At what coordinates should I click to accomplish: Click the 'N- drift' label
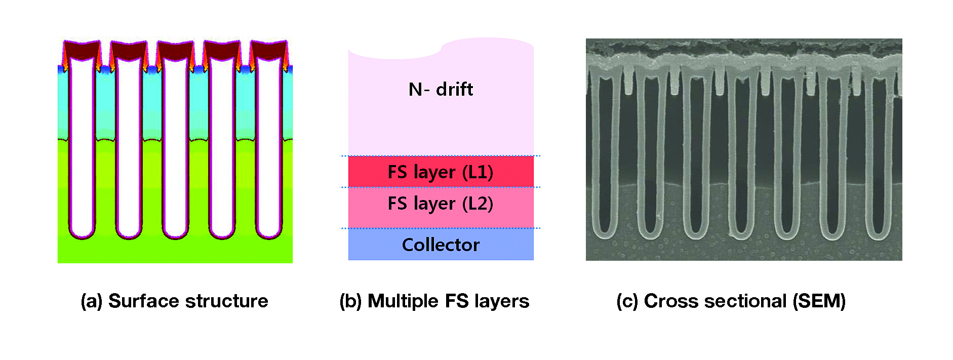[441, 90]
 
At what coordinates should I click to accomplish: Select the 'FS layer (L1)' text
[441, 172]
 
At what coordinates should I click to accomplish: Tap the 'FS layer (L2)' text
[441, 204]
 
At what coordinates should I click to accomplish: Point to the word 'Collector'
[441, 245]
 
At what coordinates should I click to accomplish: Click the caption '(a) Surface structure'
[174, 301]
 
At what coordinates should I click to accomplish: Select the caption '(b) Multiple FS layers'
[434, 301]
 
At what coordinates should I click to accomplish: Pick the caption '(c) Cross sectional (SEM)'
[731, 301]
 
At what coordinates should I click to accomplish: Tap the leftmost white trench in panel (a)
[82, 147]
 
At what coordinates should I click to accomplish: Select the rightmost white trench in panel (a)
[269, 147]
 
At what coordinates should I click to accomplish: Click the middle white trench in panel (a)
[175, 147]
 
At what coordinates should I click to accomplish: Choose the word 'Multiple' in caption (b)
[403, 301]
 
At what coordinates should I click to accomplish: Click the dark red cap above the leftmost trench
[81, 49]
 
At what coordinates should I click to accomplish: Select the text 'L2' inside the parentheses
[477, 204]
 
